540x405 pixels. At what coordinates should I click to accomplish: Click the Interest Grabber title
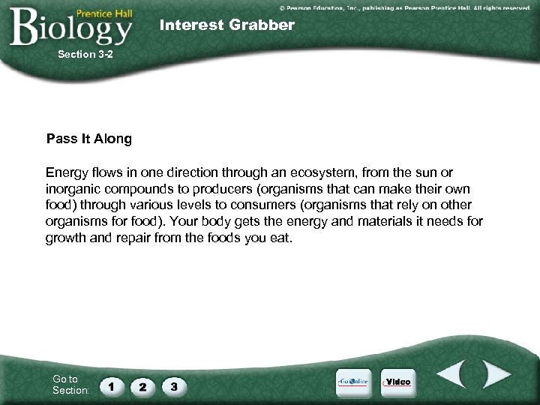click(x=227, y=25)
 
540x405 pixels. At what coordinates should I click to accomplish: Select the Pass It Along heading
click(x=88, y=139)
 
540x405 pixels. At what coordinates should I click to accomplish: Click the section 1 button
click(x=112, y=386)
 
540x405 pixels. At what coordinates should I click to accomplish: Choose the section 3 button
click(x=174, y=386)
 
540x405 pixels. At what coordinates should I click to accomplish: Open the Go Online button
click(x=352, y=382)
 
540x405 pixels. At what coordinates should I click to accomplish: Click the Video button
click(x=397, y=382)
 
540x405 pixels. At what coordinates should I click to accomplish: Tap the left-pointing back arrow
click(x=453, y=375)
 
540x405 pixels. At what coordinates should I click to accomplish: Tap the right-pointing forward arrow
click(x=495, y=375)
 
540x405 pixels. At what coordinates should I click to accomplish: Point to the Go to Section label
click(x=70, y=385)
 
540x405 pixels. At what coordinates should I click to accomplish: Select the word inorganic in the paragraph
click(x=70, y=190)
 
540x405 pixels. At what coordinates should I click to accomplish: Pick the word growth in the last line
click(x=67, y=238)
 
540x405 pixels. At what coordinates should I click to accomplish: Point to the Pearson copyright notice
click(x=404, y=7)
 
